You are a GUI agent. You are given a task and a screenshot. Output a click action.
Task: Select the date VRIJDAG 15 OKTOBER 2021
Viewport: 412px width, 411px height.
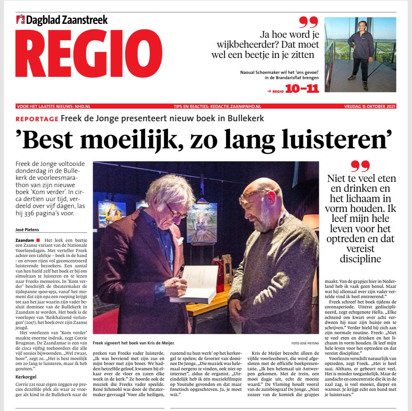(x=370, y=107)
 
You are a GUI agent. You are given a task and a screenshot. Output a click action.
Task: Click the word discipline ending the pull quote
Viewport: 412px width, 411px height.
(x=360, y=259)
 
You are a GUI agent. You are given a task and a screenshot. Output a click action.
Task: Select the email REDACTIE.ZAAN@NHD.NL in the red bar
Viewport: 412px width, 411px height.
(x=233, y=107)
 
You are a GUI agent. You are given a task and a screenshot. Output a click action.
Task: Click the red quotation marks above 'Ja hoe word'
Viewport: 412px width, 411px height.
(x=308, y=22)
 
